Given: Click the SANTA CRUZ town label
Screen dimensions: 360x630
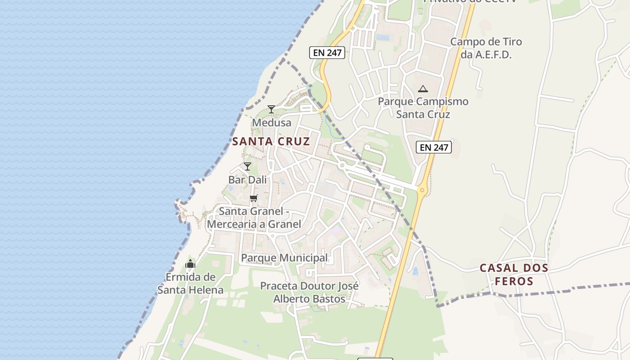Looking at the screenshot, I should tap(271, 141).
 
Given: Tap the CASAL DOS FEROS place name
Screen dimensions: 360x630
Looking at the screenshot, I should tap(514, 274).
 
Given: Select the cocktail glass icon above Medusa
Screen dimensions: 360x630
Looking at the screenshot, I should tap(271, 109).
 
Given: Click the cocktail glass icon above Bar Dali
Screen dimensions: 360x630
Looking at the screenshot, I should tap(247, 166).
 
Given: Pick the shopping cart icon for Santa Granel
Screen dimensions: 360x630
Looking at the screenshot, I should tap(254, 198).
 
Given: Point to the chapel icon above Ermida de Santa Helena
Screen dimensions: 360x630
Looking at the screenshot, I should tap(190, 264).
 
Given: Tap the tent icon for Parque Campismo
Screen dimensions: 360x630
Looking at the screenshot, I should tap(423, 89).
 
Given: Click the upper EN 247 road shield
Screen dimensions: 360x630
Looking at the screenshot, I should tap(328, 53).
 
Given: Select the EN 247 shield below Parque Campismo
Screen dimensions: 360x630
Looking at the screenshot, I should tap(433, 147).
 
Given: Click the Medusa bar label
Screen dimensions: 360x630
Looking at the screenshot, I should tap(271, 122).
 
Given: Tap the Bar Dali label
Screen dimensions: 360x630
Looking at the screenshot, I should tap(247, 180).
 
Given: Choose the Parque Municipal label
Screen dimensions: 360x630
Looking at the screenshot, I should tap(284, 258).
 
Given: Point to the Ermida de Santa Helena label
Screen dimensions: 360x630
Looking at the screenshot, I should tap(190, 283).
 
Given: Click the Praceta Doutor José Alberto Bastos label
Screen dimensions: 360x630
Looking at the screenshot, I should tap(310, 292).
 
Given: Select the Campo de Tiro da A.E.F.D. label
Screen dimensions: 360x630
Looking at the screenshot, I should tap(486, 48).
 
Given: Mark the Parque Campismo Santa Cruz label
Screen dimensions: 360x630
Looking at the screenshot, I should tap(423, 108).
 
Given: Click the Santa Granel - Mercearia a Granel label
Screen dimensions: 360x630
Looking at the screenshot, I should tap(254, 217).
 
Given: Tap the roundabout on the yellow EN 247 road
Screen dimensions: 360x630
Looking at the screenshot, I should tap(422, 190).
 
